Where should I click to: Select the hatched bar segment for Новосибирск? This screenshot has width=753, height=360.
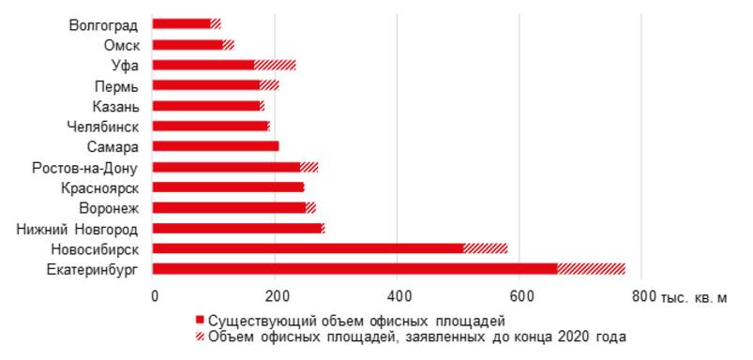click(x=486, y=248)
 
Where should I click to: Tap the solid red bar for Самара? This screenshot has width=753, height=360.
click(x=215, y=146)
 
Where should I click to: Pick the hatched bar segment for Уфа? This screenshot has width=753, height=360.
click(x=275, y=65)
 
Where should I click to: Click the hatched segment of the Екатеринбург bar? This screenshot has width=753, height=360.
click(x=591, y=268)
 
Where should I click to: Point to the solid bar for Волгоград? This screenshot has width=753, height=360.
click(x=181, y=23)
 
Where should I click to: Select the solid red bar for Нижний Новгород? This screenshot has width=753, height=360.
click(x=236, y=228)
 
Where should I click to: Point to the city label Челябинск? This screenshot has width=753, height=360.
click(x=104, y=126)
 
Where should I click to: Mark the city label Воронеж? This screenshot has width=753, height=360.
click(x=110, y=207)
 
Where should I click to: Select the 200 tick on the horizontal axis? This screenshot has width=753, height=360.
click(x=275, y=296)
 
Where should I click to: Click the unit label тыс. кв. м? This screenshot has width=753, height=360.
click(x=694, y=297)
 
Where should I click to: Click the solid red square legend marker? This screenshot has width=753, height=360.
click(x=200, y=319)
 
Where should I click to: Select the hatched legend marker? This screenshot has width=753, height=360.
click(x=200, y=336)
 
